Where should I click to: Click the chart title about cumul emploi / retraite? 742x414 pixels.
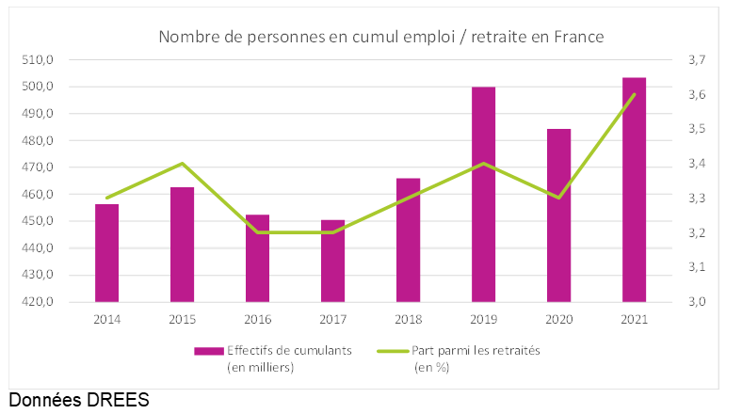[x=380, y=37]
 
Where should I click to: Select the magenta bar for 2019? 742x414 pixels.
[x=483, y=194]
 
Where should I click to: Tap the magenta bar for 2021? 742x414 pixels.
[x=634, y=189]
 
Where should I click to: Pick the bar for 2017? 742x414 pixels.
[x=332, y=261]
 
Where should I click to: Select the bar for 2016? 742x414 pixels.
[x=257, y=258]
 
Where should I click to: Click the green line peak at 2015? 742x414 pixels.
[x=182, y=164]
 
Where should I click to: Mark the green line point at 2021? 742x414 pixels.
[x=634, y=94]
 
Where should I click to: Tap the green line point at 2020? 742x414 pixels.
[x=558, y=198]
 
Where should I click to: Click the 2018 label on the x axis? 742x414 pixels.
[x=408, y=319]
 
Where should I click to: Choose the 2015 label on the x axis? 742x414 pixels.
[x=182, y=319]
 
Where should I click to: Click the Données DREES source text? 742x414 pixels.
[x=79, y=400]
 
